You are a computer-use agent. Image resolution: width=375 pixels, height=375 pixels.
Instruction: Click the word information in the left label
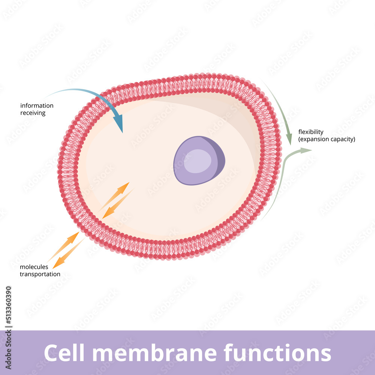click(37, 106)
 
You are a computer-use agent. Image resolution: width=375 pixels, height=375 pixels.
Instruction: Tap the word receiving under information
click(33, 113)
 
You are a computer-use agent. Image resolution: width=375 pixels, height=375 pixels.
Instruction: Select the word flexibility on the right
click(311, 132)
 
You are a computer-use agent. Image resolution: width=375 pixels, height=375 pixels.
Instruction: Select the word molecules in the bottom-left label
click(34, 267)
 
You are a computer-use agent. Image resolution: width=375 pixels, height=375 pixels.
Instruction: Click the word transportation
click(40, 274)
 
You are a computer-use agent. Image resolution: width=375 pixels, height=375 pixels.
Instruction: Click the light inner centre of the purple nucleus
click(198, 161)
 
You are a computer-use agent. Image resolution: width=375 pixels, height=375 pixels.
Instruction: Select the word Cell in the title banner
click(63, 353)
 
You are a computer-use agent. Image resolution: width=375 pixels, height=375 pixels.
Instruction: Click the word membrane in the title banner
click(152, 353)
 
